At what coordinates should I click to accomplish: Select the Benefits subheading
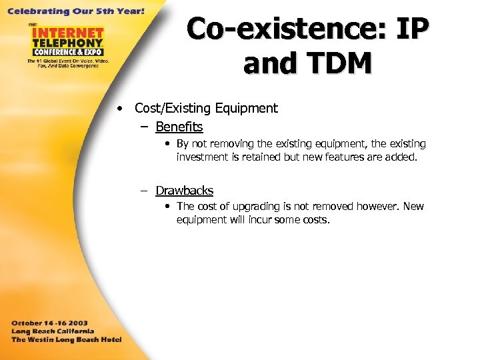tap(179, 127)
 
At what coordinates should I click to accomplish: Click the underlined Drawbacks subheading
tap(184, 191)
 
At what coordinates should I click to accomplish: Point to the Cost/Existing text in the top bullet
tap(172, 108)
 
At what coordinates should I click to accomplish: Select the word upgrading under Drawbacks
tap(253, 207)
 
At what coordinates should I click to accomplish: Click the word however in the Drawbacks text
tap(377, 207)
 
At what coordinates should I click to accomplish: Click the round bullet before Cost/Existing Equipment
tap(118, 109)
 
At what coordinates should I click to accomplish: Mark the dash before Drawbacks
tap(143, 191)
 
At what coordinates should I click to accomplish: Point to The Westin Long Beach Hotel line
tap(66, 339)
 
